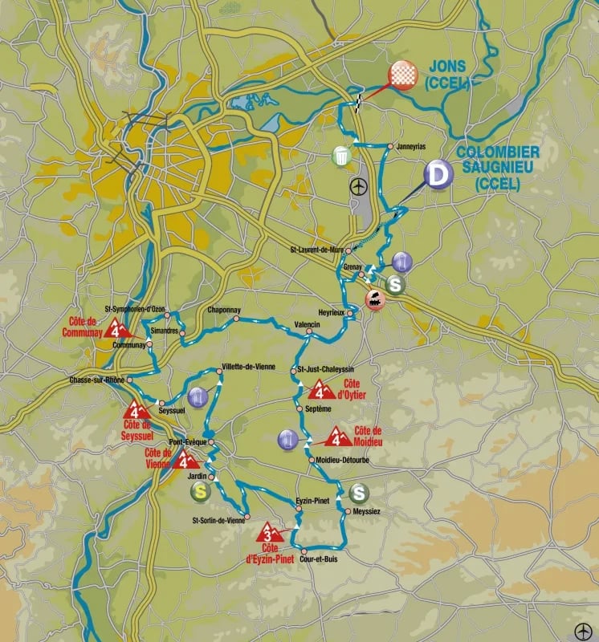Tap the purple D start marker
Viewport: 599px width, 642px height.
click(438, 174)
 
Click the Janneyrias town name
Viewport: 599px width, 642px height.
click(410, 147)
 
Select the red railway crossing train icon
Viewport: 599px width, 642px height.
click(374, 301)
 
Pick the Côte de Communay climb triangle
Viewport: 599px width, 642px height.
click(122, 329)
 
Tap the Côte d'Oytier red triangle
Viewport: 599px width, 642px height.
click(322, 390)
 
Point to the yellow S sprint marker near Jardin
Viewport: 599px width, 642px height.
click(199, 493)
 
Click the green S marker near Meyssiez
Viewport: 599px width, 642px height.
click(359, 493)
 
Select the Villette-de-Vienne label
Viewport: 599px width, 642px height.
click(249, 367)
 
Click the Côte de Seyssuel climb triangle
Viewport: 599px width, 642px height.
click(135, 411)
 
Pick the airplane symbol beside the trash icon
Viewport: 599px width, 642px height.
click(358, 186)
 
